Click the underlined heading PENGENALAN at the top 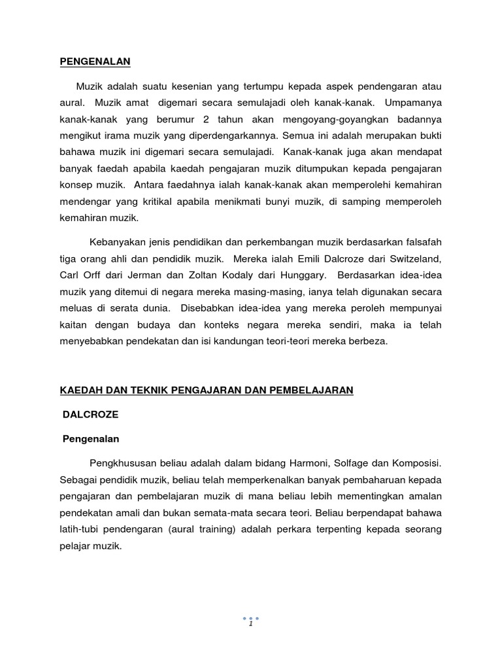[x=95, y=62]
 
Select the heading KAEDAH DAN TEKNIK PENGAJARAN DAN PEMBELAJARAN [x=207, y=390]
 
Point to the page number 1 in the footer [x=251, y=624]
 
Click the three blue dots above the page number [x=251, y=618]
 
